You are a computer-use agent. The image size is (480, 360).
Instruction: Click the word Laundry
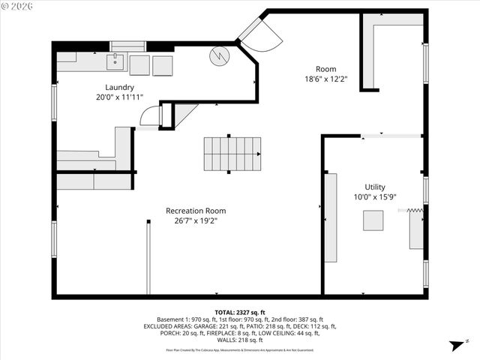[x=119, y=87]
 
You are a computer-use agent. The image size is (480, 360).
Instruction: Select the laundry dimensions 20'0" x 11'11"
[x=119, y=97]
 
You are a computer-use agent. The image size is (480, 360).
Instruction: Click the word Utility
[x=375, y=187]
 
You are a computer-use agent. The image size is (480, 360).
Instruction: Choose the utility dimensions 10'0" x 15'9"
[x=375, y=197]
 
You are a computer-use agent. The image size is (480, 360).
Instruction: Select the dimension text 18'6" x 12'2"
[x=325, y=79]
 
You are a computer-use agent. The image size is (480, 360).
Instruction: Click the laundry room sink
[x=115, y=62]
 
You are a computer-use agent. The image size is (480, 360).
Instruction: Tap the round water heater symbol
[x=219, y=56]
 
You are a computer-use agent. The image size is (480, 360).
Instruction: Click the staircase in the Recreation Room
[x=232, y=154]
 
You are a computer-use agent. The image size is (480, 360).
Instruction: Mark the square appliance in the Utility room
[x=373, y=220]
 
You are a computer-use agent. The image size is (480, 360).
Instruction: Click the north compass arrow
[x=453, y=346]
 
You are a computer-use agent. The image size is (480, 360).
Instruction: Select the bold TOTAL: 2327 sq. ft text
[x=239, y=312]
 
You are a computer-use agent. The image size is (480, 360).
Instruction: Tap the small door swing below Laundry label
[x=151, y=115]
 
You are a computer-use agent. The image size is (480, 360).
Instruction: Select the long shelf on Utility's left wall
[x=331, y=217]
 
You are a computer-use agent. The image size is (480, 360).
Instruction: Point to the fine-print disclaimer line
[x=239, y=349]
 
